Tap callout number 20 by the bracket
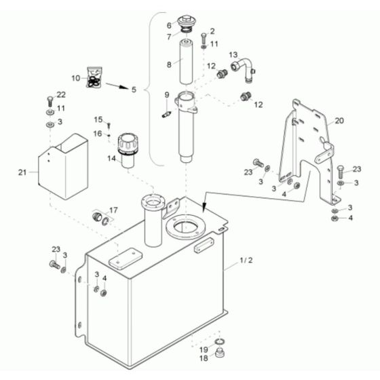[339, 120]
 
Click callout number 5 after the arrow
[134, 90]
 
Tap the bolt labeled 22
[49, 100]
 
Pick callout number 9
[167, 94]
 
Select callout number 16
[98, 134]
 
